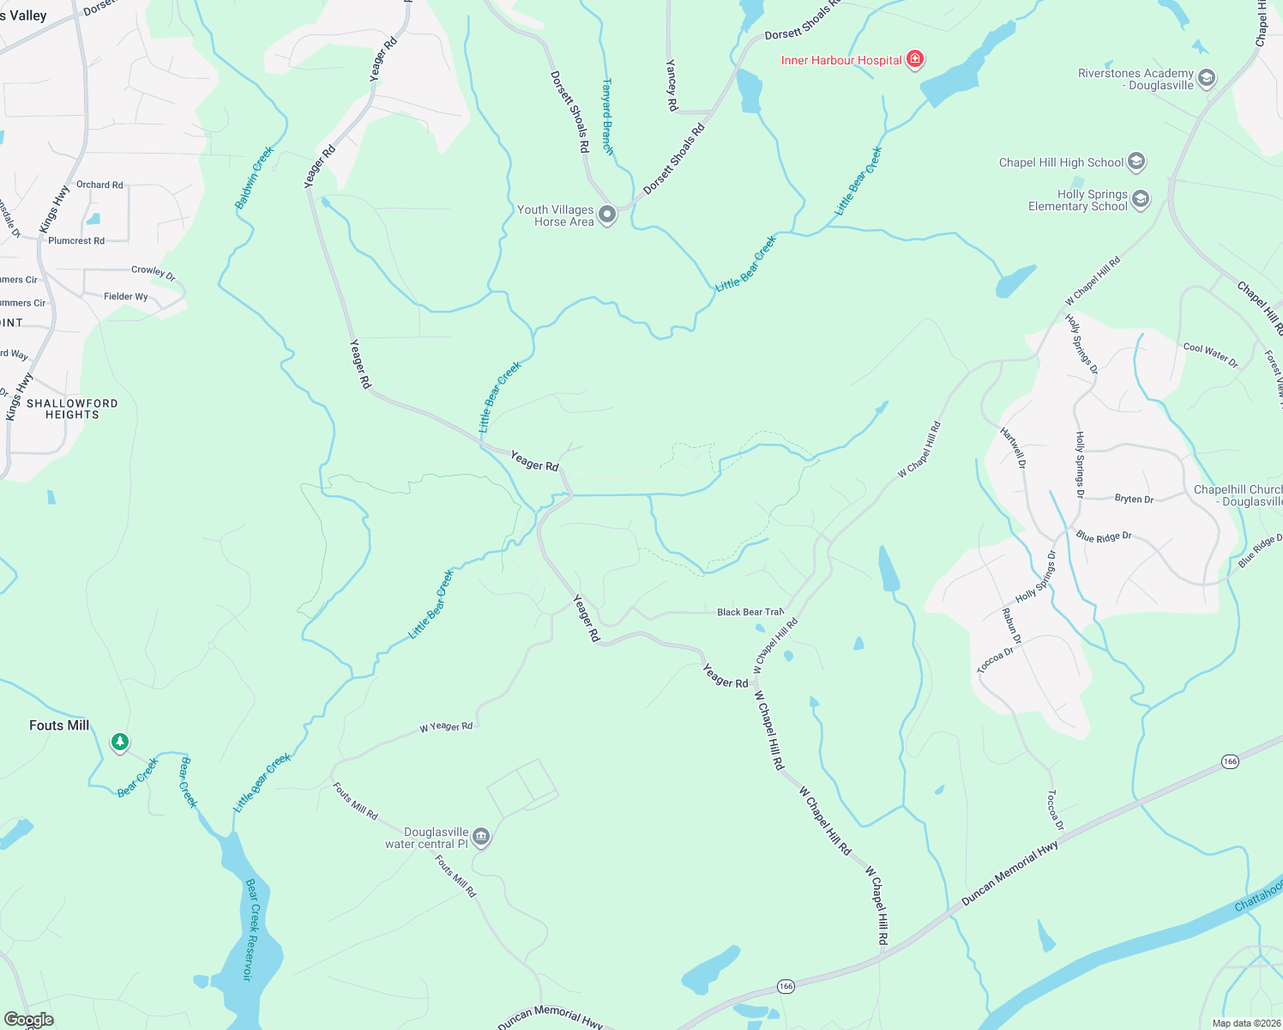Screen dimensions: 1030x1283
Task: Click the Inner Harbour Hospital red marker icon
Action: (x=915, y=59)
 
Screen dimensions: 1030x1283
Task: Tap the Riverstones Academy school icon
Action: (x=1207, y=79)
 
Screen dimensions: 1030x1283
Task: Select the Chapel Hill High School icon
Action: (x=1136, y=161)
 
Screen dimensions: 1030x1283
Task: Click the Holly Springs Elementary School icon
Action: (x=1140, y=200)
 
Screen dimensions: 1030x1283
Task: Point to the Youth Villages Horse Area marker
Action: (x=607, y=215)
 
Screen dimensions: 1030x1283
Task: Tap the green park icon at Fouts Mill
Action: (x=120, y=742)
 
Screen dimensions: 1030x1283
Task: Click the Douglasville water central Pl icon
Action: (x=481, y=837)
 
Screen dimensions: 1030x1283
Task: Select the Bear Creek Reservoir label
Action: (x=250, y=930)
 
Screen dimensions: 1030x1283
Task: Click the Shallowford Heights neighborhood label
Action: (x=72, y=409)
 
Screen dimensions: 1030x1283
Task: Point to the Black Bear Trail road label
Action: (x=750, y=612)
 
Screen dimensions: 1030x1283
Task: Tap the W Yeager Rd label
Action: (x=446, y=727)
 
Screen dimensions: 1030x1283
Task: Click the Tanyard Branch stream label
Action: (x=607, y=117)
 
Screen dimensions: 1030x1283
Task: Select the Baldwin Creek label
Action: (x=254, y=178)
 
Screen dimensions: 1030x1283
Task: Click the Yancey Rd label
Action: (x=672, y=85)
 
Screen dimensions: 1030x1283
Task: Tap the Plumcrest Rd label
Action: (x=76, y=241)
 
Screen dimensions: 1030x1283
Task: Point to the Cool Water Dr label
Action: (x=1210, y=354)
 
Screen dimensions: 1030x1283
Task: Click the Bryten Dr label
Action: (x=1134, y=499)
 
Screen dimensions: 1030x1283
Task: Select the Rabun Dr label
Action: (x=1012, y=626)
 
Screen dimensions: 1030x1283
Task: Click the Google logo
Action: (x=28, y=1020)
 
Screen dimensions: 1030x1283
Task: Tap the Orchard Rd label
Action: (x=99, y=185)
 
